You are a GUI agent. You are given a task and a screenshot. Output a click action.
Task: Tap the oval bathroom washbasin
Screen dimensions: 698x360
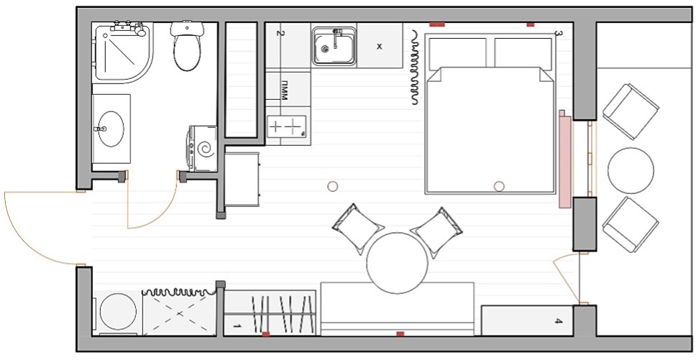pos(111,129)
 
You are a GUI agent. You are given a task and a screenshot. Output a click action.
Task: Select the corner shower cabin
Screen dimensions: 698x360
pos(122,52)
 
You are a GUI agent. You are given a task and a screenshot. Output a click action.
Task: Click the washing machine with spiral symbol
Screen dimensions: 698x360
pos(203,149)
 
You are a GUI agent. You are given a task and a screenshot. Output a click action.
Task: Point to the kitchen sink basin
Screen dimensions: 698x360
pos(334,46)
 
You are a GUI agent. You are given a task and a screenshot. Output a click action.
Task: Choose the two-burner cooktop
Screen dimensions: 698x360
pos(288,126)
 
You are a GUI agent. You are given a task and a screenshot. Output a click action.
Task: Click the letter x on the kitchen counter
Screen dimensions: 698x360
pos(380,46)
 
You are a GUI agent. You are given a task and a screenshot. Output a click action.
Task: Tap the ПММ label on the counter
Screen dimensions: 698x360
pos(285,91)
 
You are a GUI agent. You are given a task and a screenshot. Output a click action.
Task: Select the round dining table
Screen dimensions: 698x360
pos(397,263)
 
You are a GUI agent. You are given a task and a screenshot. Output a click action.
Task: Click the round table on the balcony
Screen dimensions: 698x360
pos(630,171)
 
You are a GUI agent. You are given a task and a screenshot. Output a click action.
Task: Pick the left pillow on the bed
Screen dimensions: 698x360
pos(457,53)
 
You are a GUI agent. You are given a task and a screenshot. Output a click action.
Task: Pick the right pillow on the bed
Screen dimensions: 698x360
pos(523,53)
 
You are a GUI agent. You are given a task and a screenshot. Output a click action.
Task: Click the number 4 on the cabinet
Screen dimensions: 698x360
pos(559,321)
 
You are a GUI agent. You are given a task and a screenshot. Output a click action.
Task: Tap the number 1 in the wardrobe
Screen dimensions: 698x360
pos(237,327)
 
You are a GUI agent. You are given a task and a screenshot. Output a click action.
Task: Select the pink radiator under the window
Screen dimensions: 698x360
pos(565,159)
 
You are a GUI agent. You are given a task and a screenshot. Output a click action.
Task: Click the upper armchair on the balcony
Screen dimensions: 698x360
pos(630,111)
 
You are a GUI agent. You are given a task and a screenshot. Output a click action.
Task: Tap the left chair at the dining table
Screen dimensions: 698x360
pos(357,229)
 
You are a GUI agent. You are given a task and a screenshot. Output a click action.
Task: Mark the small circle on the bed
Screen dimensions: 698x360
pos(499,186)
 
